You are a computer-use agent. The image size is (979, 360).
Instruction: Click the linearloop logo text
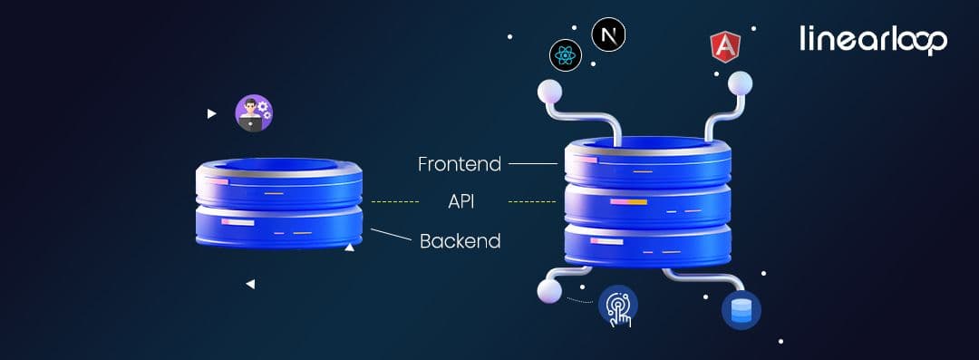click(873, 39)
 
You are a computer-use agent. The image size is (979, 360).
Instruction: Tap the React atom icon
click(566, 56)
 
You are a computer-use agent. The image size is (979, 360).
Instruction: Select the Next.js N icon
click(608, 36)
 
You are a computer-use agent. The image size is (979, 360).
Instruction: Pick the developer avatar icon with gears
click(254, 113)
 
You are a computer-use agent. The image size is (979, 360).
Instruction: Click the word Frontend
click(459, 164)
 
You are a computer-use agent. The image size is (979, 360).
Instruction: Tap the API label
click(461, 200)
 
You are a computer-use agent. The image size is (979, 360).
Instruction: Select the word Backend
click(460, 241)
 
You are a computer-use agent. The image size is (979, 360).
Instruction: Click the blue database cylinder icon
click(741, 309)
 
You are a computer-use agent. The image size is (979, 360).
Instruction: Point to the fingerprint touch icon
click(618, 306)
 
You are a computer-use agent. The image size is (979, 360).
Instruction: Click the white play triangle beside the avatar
click(211, 114)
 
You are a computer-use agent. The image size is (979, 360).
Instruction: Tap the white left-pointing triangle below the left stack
click(250, 285)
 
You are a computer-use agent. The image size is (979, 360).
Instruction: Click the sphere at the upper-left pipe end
click(550, 90)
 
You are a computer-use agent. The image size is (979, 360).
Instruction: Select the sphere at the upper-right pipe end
click(740, 83)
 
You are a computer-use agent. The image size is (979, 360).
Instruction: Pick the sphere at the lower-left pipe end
click(548, 291)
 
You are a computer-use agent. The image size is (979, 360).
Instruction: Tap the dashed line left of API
click(395, 200)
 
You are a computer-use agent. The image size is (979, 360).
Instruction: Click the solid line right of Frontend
click(532, 164)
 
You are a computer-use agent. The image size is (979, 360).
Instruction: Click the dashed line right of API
click(531, 200)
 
